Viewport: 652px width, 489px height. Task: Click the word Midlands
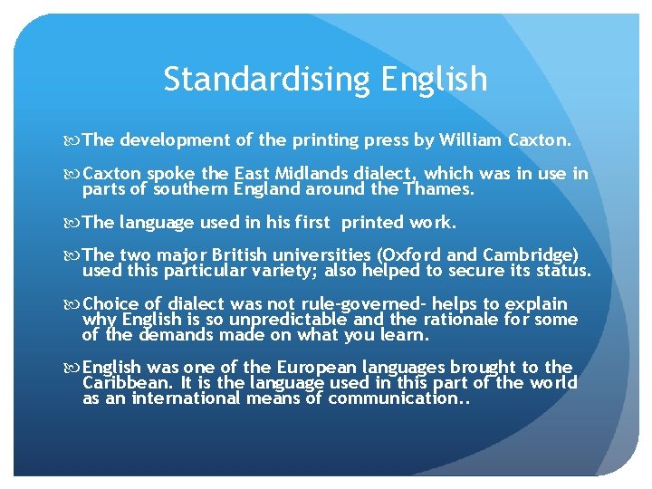tap(315, 174)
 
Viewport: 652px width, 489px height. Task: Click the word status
tap(562, 271)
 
